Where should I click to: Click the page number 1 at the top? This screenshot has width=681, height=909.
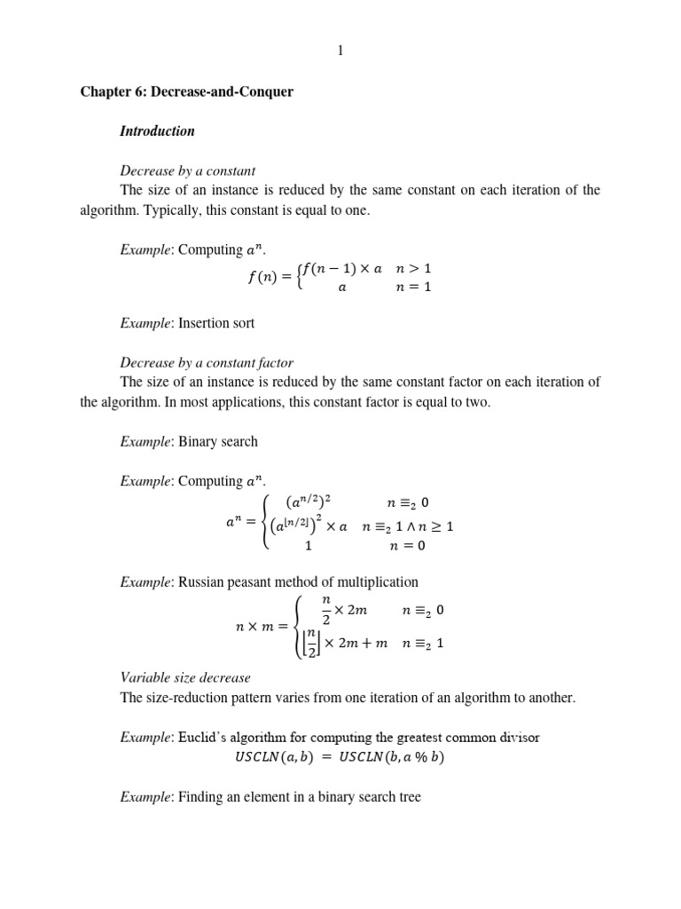340,51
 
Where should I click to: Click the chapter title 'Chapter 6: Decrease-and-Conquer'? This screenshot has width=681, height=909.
186,91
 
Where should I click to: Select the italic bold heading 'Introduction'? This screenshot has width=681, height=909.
157,131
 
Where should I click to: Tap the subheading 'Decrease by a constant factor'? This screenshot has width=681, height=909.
207,362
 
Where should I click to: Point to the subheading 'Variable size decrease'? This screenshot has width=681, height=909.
185,677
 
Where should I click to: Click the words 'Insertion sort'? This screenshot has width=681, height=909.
216,323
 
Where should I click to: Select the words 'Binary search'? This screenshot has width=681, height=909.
218,441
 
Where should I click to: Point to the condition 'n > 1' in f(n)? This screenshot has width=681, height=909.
413,268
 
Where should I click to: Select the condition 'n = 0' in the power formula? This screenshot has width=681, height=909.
407,546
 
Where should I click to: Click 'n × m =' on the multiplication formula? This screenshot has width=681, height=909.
262,627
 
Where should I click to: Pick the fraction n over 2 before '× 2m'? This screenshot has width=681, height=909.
325,610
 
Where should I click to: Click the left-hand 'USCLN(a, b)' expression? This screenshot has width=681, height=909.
271,757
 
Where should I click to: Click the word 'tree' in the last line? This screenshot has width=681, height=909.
410,797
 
